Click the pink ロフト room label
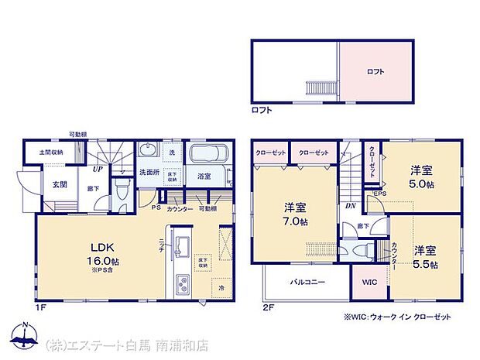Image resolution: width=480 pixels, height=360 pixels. pos(375,72)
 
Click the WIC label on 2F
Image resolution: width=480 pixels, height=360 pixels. pos(369,283)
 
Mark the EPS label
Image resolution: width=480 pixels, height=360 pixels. pos(380,193)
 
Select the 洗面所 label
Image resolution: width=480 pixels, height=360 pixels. pos(149,171)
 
